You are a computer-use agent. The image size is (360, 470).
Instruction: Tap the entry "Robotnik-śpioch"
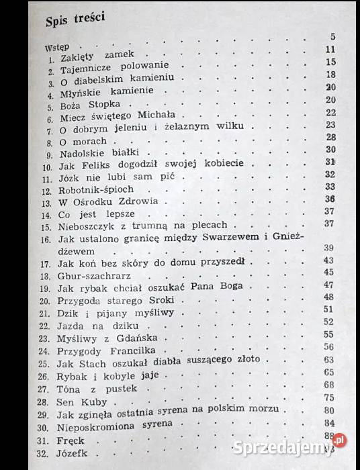[x=96, y=190]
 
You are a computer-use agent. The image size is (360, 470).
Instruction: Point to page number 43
[x=328, y=261]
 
